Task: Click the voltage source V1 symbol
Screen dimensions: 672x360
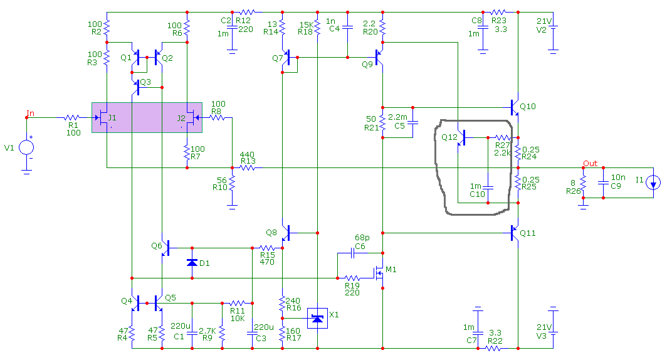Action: coord(26,147)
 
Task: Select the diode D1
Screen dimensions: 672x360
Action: coord(192,263)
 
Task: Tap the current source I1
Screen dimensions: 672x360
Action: coord(654,183)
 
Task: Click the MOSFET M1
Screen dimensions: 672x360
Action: coord(379,272)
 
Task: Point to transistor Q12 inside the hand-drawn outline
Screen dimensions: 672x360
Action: coord(461,137)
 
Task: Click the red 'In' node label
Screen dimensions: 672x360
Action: coord(31,113)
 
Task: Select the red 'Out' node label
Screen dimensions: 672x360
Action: coord(590,163)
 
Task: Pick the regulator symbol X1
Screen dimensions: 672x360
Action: coord(317,319)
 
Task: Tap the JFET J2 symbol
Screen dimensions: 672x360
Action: coord(192,117)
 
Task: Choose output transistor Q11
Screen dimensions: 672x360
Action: coord(514,233)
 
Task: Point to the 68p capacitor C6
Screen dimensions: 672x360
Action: coord(353,253)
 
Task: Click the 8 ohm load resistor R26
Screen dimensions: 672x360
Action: coord(583,183)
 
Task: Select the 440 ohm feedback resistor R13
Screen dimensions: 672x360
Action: coord(248,167)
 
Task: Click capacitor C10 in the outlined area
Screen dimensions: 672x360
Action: coord(488,188)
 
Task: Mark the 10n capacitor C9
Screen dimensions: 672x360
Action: coord(603,183)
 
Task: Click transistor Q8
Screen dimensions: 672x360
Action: coord(286,233)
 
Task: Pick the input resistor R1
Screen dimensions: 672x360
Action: coord(72,117)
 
